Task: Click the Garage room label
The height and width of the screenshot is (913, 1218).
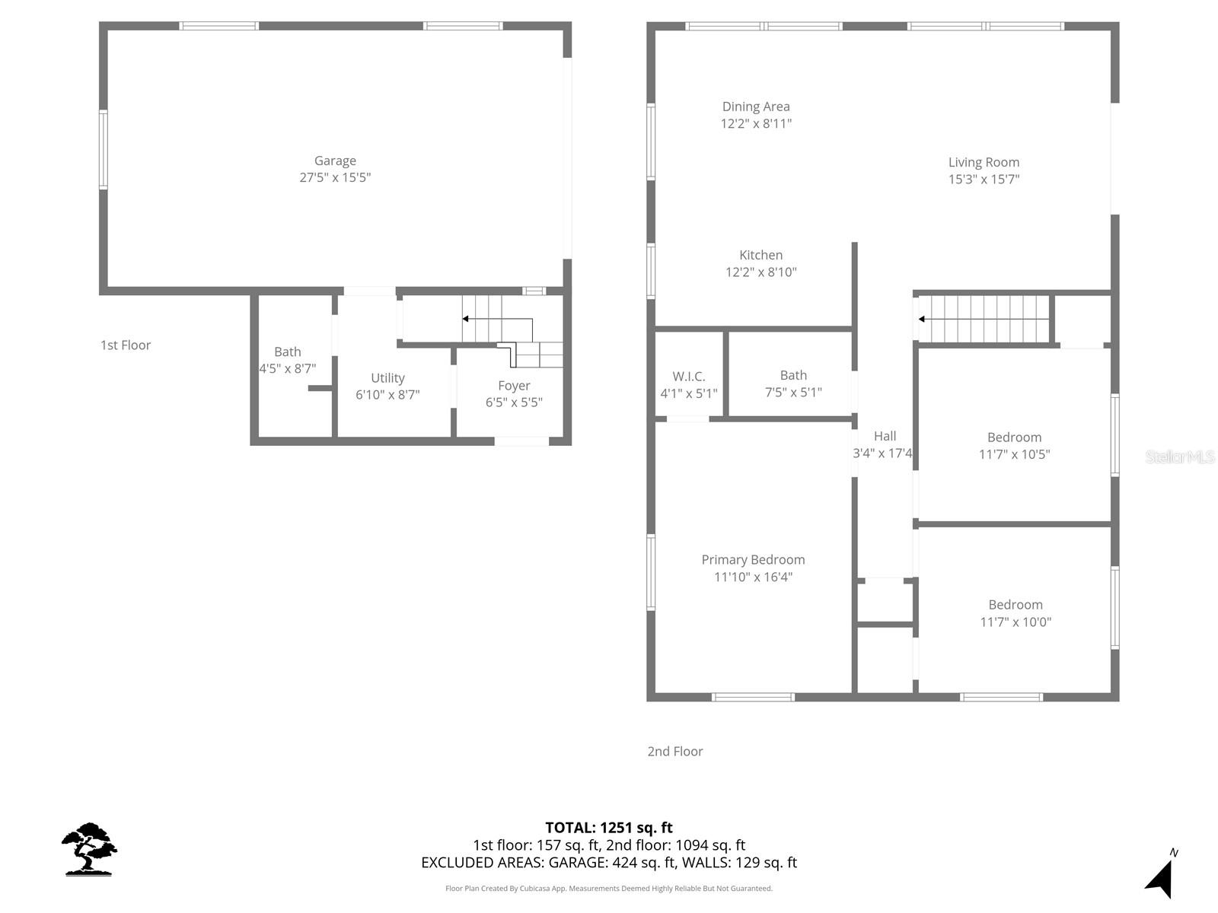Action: (x=335, y=161)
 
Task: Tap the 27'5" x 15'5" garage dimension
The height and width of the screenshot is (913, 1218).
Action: (x=335, y=178)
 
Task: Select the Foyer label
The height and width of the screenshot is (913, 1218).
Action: (x=514, y=386)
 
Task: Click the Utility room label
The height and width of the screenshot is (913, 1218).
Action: (x=387, y=378)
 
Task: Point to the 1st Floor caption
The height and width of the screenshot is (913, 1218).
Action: (x=126, y=345)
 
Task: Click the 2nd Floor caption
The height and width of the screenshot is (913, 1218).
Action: (x=675, y=752)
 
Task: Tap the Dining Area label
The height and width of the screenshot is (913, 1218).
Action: (x=756, y=107)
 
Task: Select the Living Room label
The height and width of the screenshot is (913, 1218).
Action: (x=984, y=162)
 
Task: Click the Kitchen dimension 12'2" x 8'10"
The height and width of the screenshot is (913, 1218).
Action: (x=760, y=272)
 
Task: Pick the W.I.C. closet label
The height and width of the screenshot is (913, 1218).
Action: (x=688, y=377)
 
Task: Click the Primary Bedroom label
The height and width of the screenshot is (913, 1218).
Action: (x=753, y=560)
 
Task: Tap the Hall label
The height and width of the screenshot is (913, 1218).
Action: (x=885, y=436)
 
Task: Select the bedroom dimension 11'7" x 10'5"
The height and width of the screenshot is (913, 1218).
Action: (x=1014, y=455)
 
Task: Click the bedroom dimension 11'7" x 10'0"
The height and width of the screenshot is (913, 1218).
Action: (x=1016, y=622)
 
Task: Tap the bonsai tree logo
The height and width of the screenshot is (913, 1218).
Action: (x=89, y=849)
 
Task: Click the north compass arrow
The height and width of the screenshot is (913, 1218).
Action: (x=1159, y=879)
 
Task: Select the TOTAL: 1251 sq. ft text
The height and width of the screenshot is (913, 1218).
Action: (x=609, y=828)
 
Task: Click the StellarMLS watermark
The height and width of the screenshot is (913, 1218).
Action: (x=1179, y=457)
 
